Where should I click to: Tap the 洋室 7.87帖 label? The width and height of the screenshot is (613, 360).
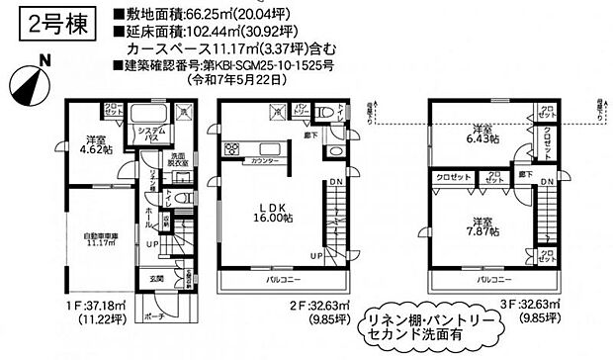tap(482, 225)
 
